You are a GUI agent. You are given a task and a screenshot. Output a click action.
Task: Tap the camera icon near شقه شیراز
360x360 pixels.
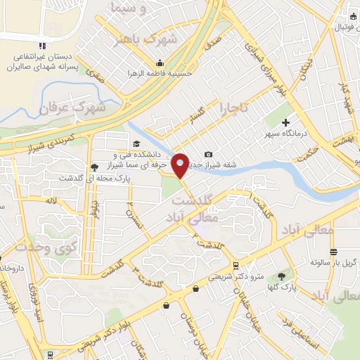(208, 155)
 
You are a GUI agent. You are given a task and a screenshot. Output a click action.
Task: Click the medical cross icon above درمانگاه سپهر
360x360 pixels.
(285, 123)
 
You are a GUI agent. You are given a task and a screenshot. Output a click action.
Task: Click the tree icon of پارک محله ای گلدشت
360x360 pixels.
(94, 167)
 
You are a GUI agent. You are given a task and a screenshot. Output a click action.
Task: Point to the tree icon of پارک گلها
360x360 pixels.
(282, 276)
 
